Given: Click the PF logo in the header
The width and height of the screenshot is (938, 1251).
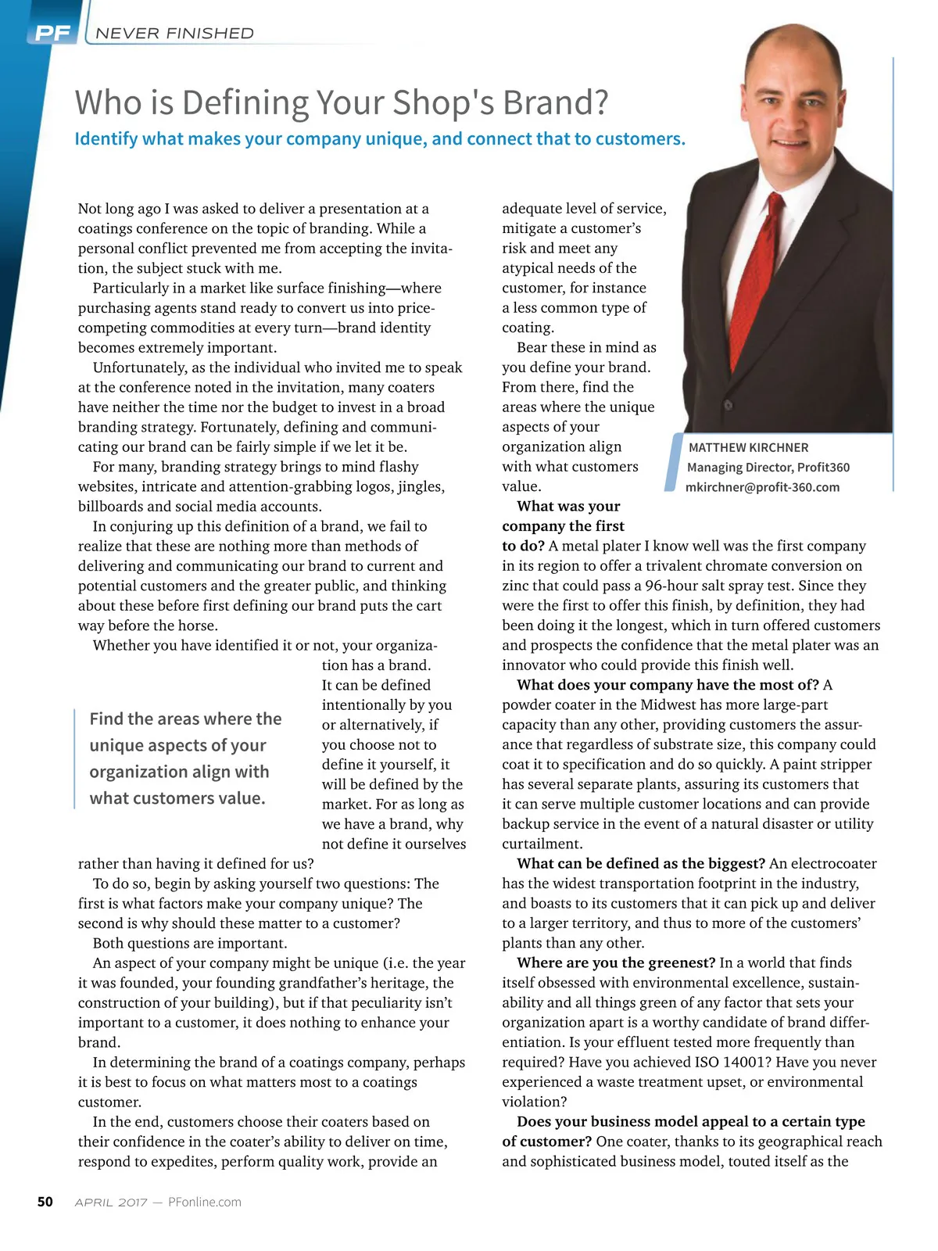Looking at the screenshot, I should coord(52,34).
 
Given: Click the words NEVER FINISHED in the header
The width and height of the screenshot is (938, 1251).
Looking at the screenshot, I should coord(174,34).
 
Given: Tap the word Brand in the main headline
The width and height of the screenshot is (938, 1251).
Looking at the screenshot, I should coord(550,102).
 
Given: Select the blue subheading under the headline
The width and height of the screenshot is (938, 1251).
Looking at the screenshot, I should coord(380,139).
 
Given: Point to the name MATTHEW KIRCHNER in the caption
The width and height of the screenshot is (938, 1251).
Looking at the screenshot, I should coord(748,447).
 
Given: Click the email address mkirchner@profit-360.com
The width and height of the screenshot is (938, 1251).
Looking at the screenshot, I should coord(762,487).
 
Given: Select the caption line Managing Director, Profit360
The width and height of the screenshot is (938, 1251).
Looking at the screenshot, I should coord(768,468).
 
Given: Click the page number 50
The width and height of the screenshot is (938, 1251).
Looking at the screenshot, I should coord(45,1202).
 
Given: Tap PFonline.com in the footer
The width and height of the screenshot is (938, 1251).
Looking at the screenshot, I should coord(205,1203).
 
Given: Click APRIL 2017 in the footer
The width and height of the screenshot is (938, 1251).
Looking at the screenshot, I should coord(111,1203).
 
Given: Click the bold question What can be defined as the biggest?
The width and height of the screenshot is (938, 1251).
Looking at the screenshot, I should coord(641,864).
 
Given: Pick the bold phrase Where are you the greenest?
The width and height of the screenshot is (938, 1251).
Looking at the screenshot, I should coord(616,963).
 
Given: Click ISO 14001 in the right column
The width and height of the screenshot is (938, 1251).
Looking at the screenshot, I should coord(729,1063).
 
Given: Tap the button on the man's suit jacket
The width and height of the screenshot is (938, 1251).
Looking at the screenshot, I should coord(728,405).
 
